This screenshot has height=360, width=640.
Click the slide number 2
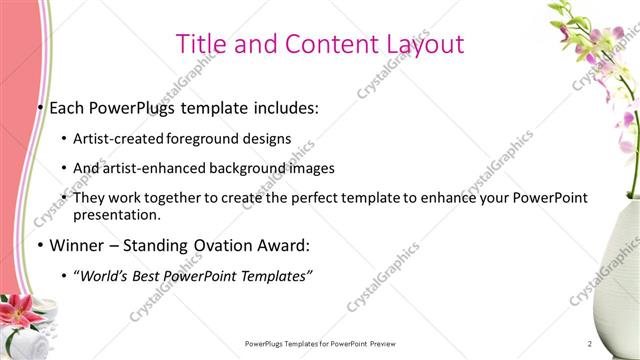pos(590,344)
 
